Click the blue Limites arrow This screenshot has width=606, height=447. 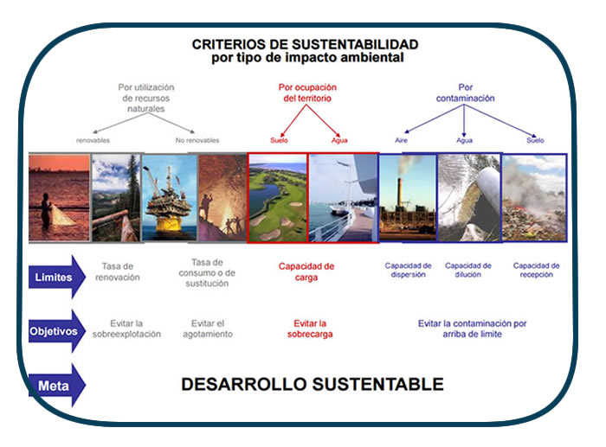[x=57, y=277]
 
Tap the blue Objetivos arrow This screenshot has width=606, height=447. [x=57, y=331]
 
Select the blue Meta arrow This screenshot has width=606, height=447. [x=57, y=386]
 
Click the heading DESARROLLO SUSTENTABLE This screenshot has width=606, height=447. [x=313, y=384]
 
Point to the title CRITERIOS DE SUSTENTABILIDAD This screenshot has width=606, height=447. [x=305, y=44]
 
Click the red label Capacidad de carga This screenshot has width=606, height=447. [x=306, y=271]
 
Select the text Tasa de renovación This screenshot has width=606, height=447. [x=118, y=271]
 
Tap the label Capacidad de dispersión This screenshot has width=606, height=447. [x=408, y=270]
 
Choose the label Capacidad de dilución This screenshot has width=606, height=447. [x=468, y=270]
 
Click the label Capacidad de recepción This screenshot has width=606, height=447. [x=537, y=270]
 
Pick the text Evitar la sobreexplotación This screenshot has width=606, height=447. [x=126, y=329]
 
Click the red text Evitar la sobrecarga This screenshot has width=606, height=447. [x=310, y=329]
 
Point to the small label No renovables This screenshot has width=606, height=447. [x=197, y=140]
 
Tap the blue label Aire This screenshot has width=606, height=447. [x=401, y=140]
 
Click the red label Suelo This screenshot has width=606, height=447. [x=279, y=140]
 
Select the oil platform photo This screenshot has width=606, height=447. [x=170, y=198]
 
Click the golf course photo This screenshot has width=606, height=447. [x=278, y=198]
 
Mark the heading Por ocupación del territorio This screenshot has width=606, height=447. [x=307, y=93]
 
